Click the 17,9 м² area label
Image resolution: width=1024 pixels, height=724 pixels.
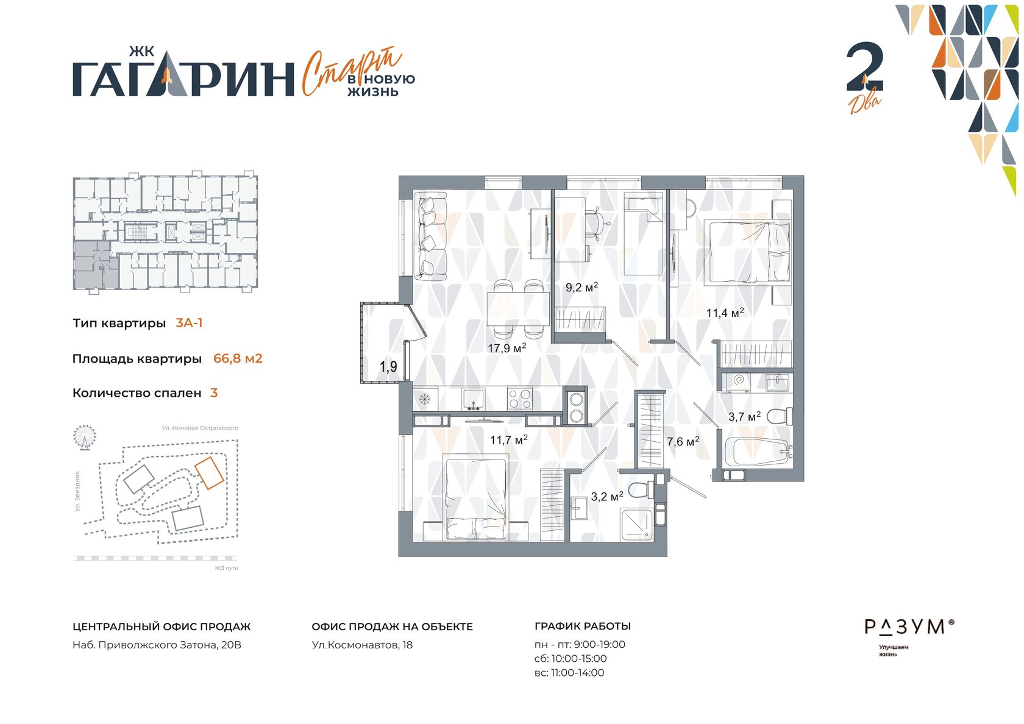coord(507,348)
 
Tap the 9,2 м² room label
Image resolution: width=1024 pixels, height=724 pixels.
coord(581,287)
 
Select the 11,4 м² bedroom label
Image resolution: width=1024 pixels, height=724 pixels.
coord(725,313)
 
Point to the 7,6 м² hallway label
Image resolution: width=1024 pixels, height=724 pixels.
coord(683,441)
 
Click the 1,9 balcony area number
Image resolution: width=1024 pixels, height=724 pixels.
coord(388,366)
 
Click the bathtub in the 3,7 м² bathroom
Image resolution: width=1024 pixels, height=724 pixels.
coord(758,452)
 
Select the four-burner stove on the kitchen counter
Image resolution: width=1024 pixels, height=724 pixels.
coord(520,399)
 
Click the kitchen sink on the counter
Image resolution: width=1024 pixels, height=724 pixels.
coord(473,399)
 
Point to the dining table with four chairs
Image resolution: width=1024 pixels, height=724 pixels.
coord(518,308)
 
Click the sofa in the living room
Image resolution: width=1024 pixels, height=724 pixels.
coord(430,236)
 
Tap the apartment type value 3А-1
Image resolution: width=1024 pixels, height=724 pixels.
coord(189,323)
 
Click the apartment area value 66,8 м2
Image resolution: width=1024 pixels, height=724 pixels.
coord(238,358)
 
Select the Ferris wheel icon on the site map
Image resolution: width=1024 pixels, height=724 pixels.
coord(85,438)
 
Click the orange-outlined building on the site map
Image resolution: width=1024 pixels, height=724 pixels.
coord(210,473)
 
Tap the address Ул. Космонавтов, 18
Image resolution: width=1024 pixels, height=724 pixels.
coord(362,645)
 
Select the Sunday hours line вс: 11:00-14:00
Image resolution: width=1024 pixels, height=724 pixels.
coord(569,673)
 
